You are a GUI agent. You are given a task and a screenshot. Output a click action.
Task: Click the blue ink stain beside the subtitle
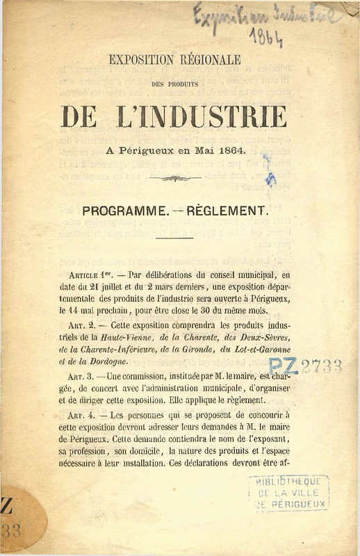click(x=268, y=171)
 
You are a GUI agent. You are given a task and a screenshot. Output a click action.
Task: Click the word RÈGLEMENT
click(x=227, y=210)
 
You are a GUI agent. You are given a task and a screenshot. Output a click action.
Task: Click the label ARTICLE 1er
click(x=88, y=276)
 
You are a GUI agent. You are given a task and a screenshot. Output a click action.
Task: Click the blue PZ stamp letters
click(x=283, y=366)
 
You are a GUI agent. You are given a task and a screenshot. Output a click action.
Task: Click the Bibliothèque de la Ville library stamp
click(x=288, y=493)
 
